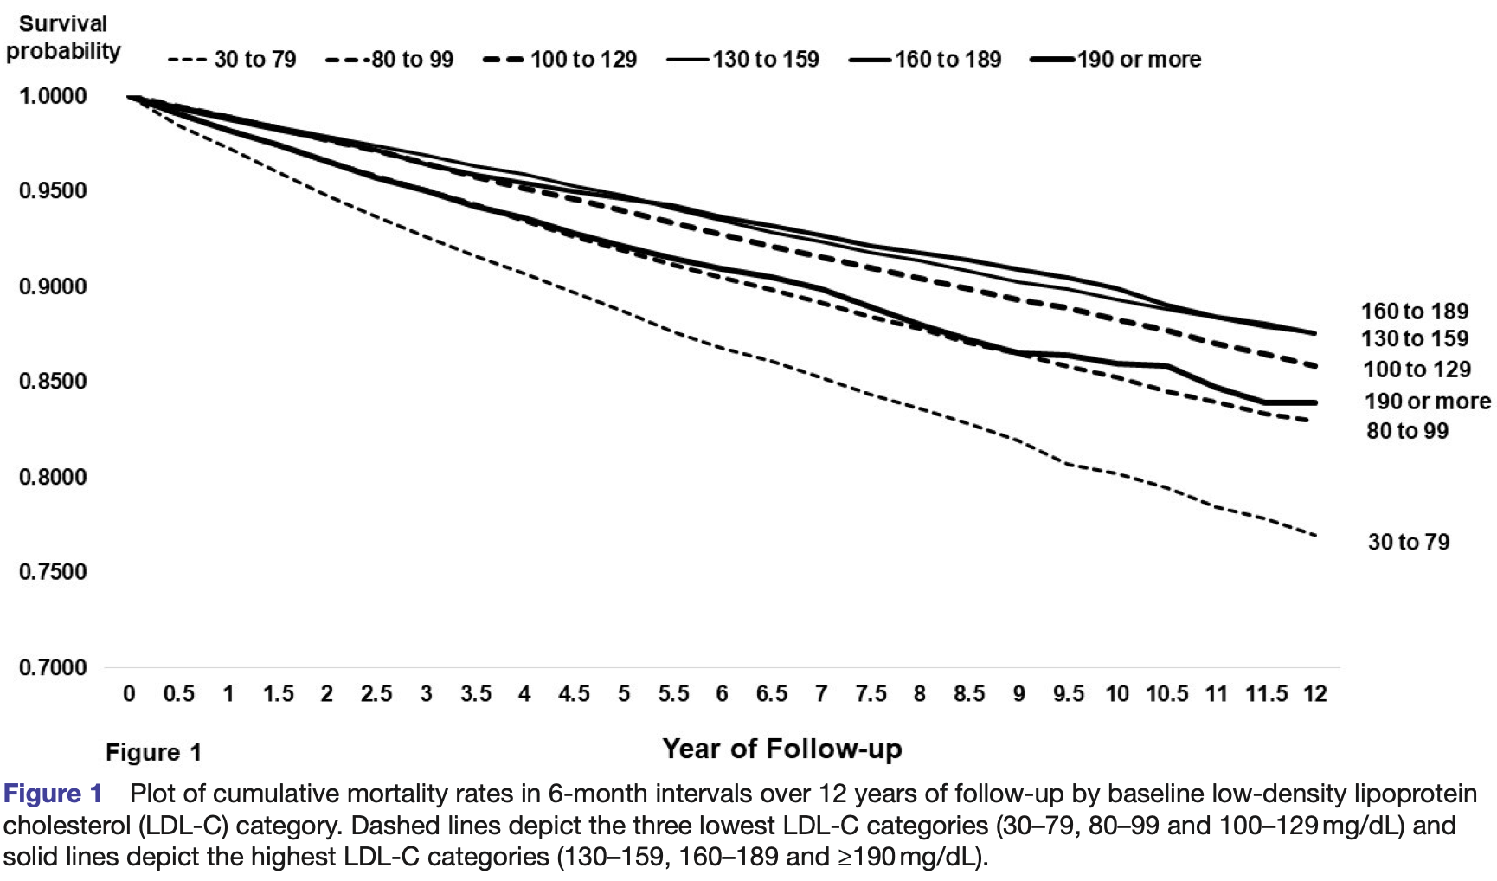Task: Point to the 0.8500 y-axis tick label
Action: click(x=53, y=382)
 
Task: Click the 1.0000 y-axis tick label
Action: click(x=53, y=96)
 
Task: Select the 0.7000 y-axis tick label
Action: click(x=53, y=667)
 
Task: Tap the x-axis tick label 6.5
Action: click(x=771, y=694)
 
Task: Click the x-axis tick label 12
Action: click(x=1314, y=694)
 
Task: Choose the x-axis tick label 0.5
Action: click(x=178, y=694)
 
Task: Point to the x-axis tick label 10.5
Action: click(x=1166, y=694)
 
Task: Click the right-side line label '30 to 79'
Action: click(x=1408, y=543)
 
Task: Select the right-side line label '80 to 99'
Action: click(x=1407, y=431)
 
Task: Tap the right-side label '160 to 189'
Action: click(x=1414, y=312)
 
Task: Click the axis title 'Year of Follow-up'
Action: click(x=782, y=749)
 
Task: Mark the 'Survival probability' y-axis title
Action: click(x=62, y=38)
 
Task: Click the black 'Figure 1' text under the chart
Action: click(x=153, y=753)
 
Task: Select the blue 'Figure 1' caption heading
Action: click(x=53, y=794)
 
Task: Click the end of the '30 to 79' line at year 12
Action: click(x=1315, y=536)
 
